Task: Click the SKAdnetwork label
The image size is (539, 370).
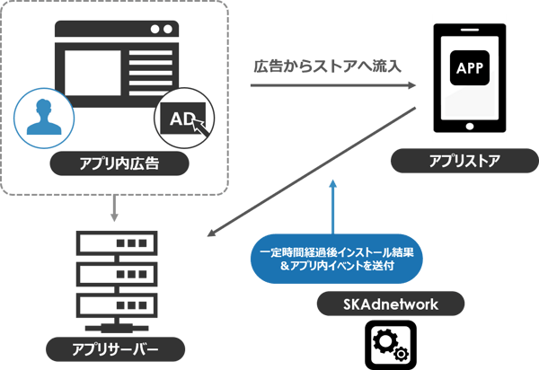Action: click(390, 304)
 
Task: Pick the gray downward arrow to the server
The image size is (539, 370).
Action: click(114, 208)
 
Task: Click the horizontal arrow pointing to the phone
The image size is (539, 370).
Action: click(332, 86)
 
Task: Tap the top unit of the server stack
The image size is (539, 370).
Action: click(113, 243)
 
